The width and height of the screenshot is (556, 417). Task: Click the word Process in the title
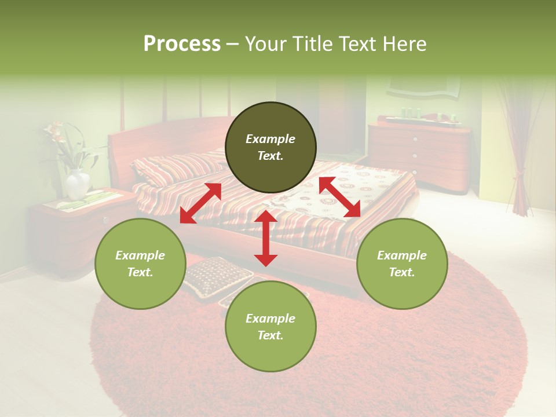(x=182, y=44)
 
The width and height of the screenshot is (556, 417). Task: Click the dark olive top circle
(x=270, y=148)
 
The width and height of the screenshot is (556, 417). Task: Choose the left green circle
(x=140, y=264)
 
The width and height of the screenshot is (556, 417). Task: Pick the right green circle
(x=402, y=264)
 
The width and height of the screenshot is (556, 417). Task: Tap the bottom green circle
(x=270, y=327)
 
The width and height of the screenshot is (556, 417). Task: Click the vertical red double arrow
(x=266, y=238)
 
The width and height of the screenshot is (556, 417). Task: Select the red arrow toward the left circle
(x=200, y=203)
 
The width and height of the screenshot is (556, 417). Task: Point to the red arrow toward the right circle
(x=340, y=197)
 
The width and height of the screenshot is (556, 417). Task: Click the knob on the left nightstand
(x=105, y=220)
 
